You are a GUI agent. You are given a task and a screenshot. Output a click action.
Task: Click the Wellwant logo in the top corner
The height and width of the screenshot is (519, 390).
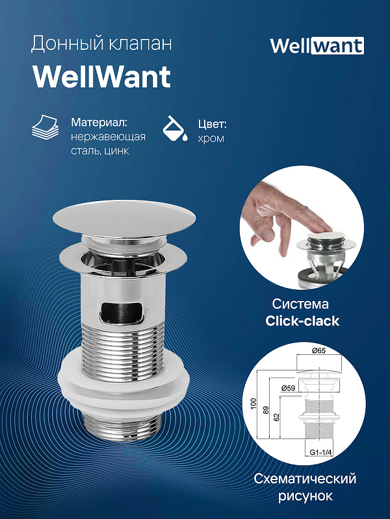pyautogui.click(x=317, y=45)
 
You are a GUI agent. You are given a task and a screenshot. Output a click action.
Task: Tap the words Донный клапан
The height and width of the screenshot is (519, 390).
pyautogui.click(x=101, y=44)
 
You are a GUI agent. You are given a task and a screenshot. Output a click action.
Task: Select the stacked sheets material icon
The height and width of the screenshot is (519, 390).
pyautogui.click(x=47, y=130)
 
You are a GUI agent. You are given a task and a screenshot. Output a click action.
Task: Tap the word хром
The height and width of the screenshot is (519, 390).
pyautogui.click(x=210, y=138)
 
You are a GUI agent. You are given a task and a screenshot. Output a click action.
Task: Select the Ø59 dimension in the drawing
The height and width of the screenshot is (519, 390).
pyautogui.click(x=289, y=388)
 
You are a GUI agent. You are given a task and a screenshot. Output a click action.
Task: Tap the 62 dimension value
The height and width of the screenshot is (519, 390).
pyautogui.click(x=278, y=417)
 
